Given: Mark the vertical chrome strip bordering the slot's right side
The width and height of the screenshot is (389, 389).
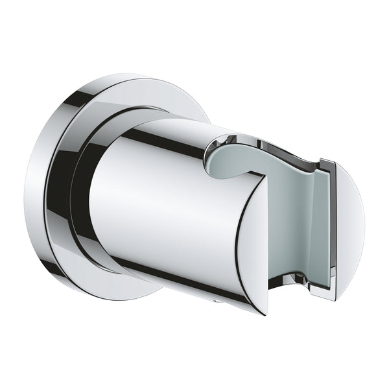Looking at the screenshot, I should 330,227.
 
